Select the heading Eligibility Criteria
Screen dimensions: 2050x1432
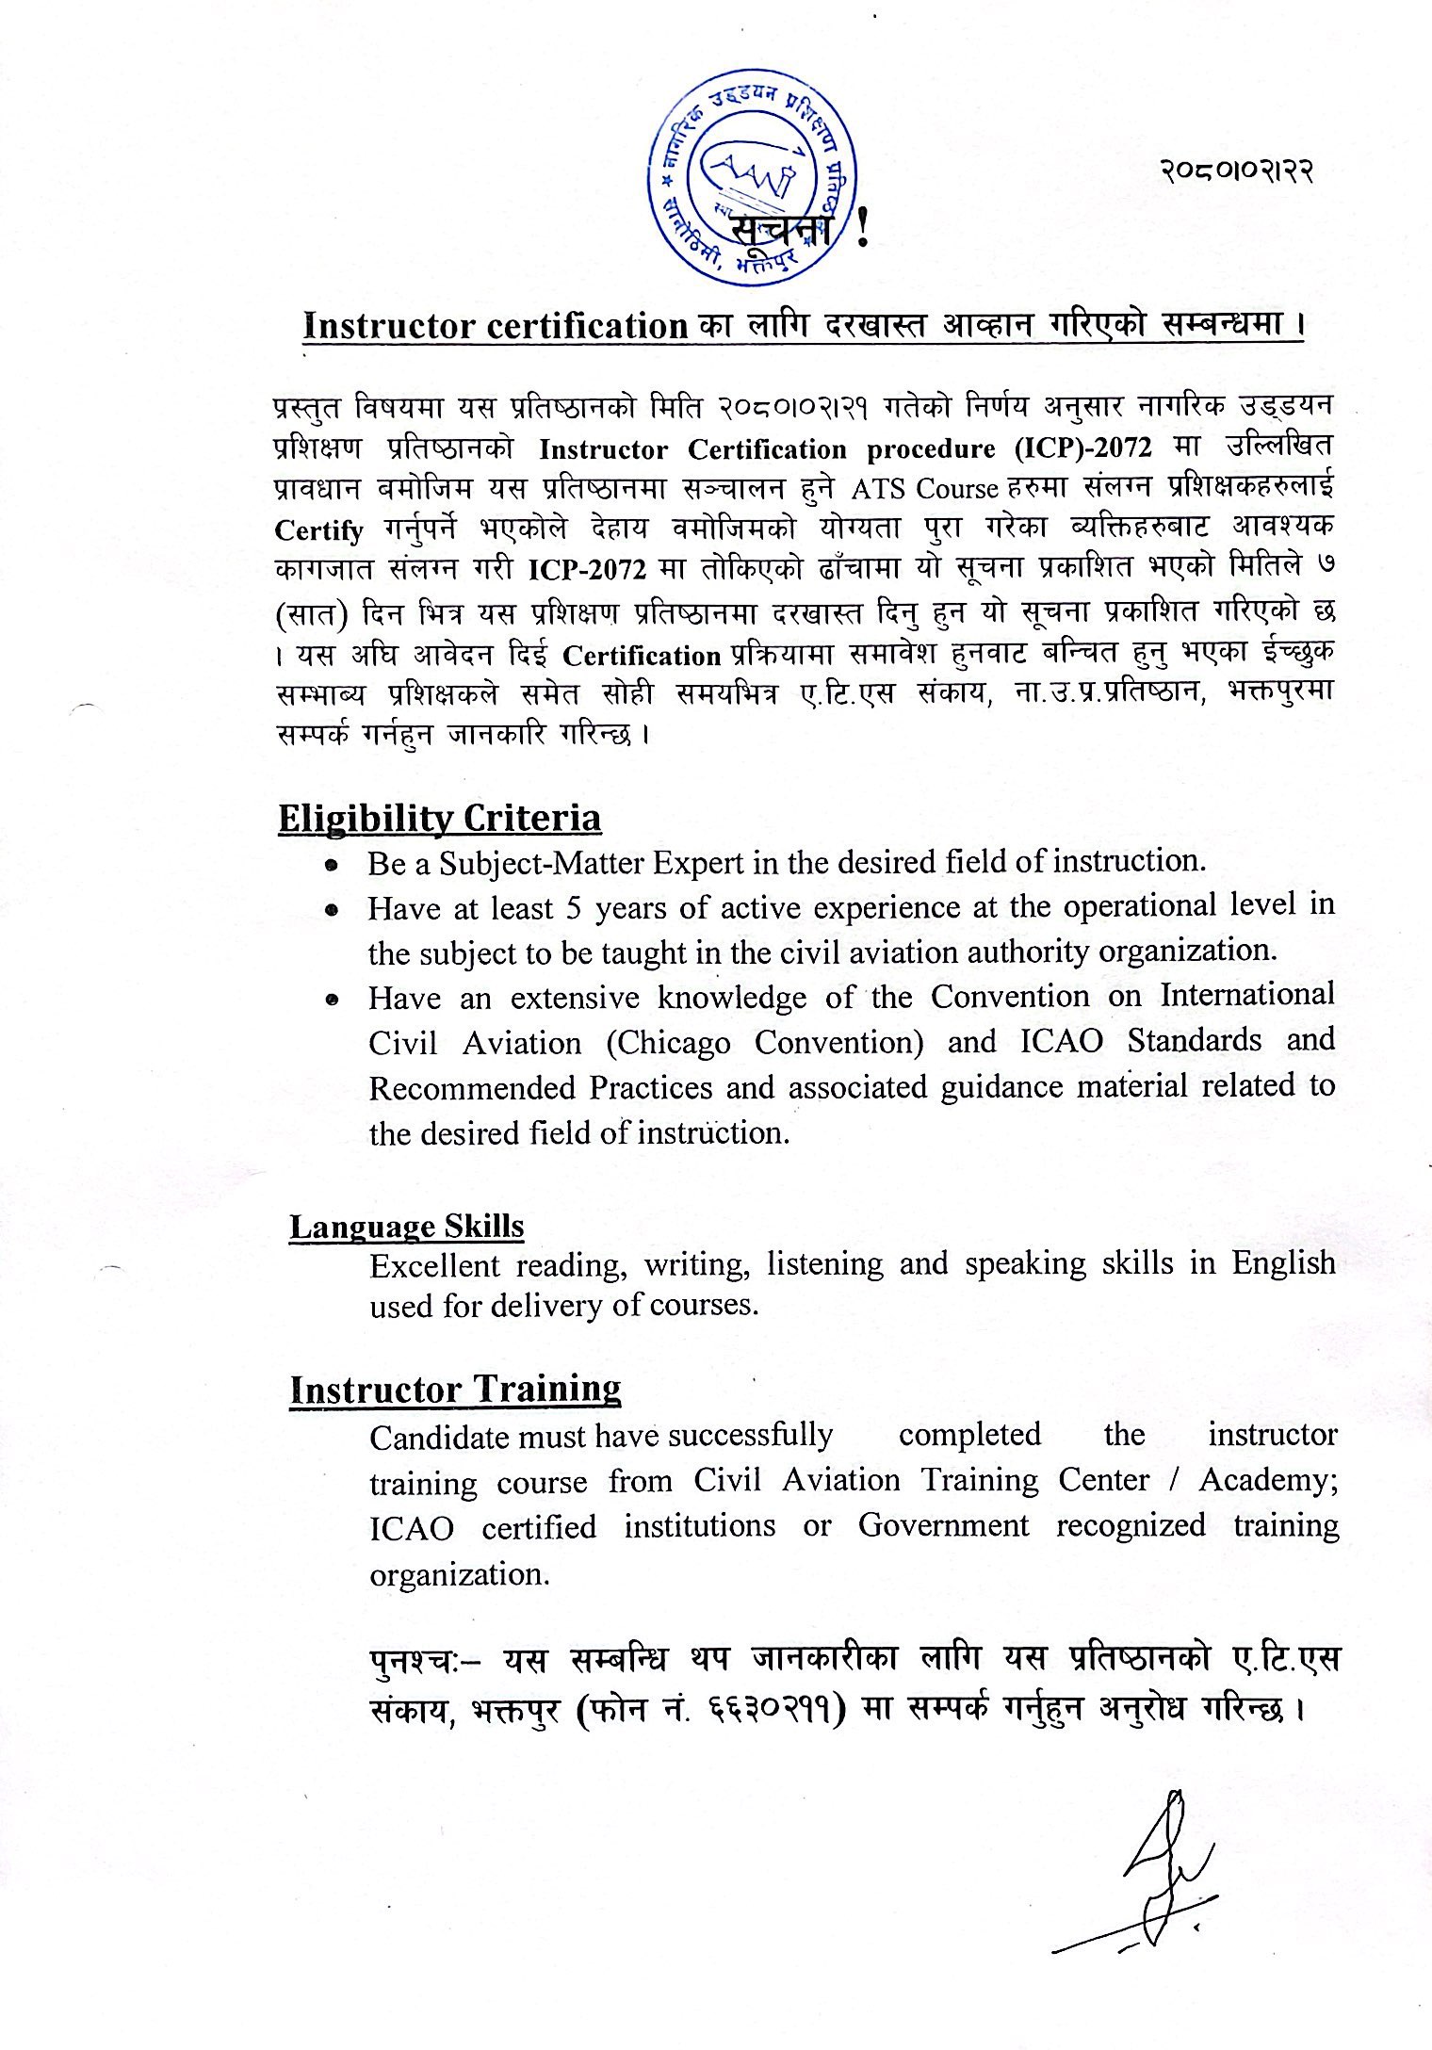tap(439, 818)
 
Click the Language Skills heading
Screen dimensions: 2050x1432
tap(406, 1226)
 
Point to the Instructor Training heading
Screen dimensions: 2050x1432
tap(455, 1390)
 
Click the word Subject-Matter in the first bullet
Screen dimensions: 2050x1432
tap(542, 862)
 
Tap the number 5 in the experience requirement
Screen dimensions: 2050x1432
tap(574, 908)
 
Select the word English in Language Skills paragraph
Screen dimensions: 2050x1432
tap(1283, 1262)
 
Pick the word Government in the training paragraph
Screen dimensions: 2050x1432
tap(943, 1525)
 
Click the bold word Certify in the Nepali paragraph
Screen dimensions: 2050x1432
tap(318, 530)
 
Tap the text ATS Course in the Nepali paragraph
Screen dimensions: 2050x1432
tap(923, 489)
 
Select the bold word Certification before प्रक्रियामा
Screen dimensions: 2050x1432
tap(642, 655)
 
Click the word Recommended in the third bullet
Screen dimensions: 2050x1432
tap(472, 1088)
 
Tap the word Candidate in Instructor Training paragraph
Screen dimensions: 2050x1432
tap(431, 1438)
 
